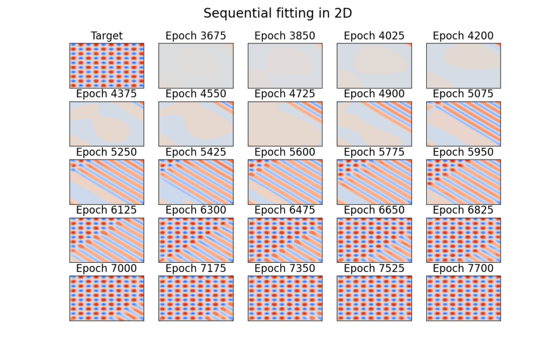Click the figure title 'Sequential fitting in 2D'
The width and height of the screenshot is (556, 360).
pos(277,14)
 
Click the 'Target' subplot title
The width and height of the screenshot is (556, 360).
pos(107,36)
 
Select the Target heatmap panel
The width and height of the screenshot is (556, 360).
pos(107,66)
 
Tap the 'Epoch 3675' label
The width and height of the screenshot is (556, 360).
pos(195,36)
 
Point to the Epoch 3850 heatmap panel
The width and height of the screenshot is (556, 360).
pos(285,66)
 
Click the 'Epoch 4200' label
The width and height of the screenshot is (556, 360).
pos(463,36)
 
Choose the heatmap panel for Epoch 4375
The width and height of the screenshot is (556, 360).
pos(107,124)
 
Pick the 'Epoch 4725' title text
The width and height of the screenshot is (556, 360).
pos(285,94)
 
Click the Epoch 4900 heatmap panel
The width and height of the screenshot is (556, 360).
pos(374,124)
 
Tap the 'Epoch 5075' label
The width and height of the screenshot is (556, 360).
pos(463,94)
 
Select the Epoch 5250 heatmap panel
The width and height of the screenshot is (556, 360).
pos(107,182)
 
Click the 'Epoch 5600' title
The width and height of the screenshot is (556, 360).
pos(285,152)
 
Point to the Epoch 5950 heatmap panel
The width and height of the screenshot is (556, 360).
pos(464,182)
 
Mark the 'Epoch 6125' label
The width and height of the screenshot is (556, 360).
pos(106,210)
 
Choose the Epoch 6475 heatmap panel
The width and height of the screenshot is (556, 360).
pos(285,240)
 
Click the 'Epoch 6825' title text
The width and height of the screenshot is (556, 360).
pos(463,210)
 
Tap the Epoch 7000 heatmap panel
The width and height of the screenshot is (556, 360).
pos(107,298)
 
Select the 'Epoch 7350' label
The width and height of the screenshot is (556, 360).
pos(285,268)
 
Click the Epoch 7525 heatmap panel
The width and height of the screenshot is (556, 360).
pos(374,298)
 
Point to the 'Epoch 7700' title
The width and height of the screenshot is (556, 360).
pos(463,268)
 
